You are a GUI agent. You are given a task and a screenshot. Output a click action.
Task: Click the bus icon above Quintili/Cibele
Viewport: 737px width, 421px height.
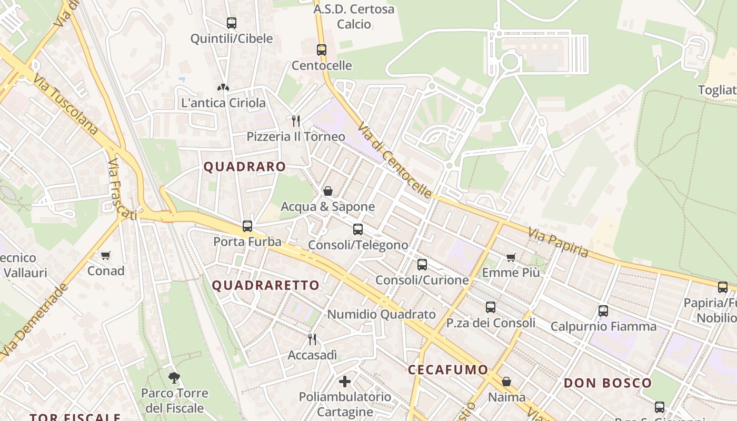click(232, 23)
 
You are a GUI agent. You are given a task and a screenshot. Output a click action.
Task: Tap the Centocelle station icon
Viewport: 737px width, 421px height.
click(322, 50)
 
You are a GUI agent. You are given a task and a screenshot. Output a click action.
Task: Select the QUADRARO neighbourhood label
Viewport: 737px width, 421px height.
click(245, 167)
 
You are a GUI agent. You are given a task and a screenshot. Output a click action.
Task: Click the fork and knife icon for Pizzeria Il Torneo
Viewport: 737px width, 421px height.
click(296, 121)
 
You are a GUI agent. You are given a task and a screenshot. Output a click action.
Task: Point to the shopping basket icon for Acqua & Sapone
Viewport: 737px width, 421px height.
click(328, 191)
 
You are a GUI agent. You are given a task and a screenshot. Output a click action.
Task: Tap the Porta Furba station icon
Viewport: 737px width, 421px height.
click(247, 226)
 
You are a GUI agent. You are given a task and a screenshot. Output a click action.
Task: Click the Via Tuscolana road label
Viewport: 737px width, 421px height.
click(66, 104)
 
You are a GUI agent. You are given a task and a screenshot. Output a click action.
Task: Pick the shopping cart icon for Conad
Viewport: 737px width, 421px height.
click(106, 255)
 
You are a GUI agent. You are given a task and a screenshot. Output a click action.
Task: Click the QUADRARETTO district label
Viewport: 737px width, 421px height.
click(266, 285)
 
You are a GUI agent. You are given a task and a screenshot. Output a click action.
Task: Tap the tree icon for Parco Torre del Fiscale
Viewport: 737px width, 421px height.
click(174, 377)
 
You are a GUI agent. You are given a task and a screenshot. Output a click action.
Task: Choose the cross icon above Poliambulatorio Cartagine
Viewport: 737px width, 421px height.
click(345, 380)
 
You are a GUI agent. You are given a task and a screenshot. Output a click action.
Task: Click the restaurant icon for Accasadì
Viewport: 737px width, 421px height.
click(312, 339)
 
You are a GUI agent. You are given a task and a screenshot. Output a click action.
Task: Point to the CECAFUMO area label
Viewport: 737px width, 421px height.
click(448, 369)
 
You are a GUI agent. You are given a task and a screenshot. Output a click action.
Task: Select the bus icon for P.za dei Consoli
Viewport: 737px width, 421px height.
click(491, 307)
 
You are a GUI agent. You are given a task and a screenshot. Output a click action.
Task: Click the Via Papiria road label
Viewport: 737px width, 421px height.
click(558, 242)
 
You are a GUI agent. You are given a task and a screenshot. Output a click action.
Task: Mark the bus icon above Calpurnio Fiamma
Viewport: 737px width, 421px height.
click(603, 310)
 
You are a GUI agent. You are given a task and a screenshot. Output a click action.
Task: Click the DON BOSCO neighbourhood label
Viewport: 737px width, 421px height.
click(608, 383)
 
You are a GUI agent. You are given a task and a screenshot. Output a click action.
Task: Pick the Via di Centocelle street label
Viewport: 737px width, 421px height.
click(395, 160)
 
